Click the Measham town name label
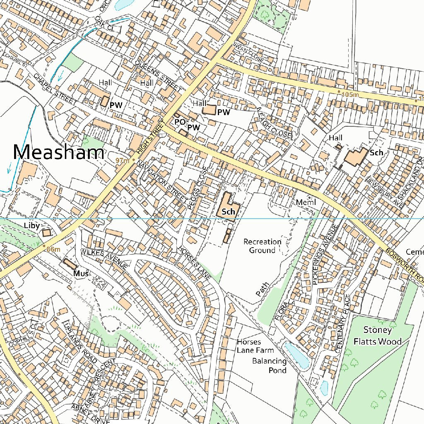click(58, 152)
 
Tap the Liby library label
click(32, 226)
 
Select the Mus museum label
click(81, 273)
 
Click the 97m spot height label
click(123, 161)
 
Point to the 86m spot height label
click(54, 249)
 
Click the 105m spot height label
click(350, 95)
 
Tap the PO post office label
click(180, 122)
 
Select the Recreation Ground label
click(262, 246)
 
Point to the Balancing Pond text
click(269, 366)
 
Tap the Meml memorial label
click(306, 202)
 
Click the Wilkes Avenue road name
click(104, 258)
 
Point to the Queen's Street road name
click(158, 75)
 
